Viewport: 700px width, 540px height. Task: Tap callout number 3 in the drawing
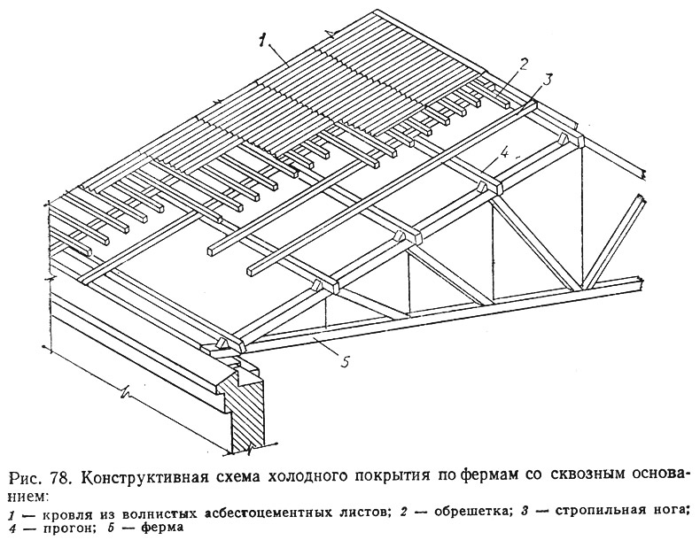point(548,78)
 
